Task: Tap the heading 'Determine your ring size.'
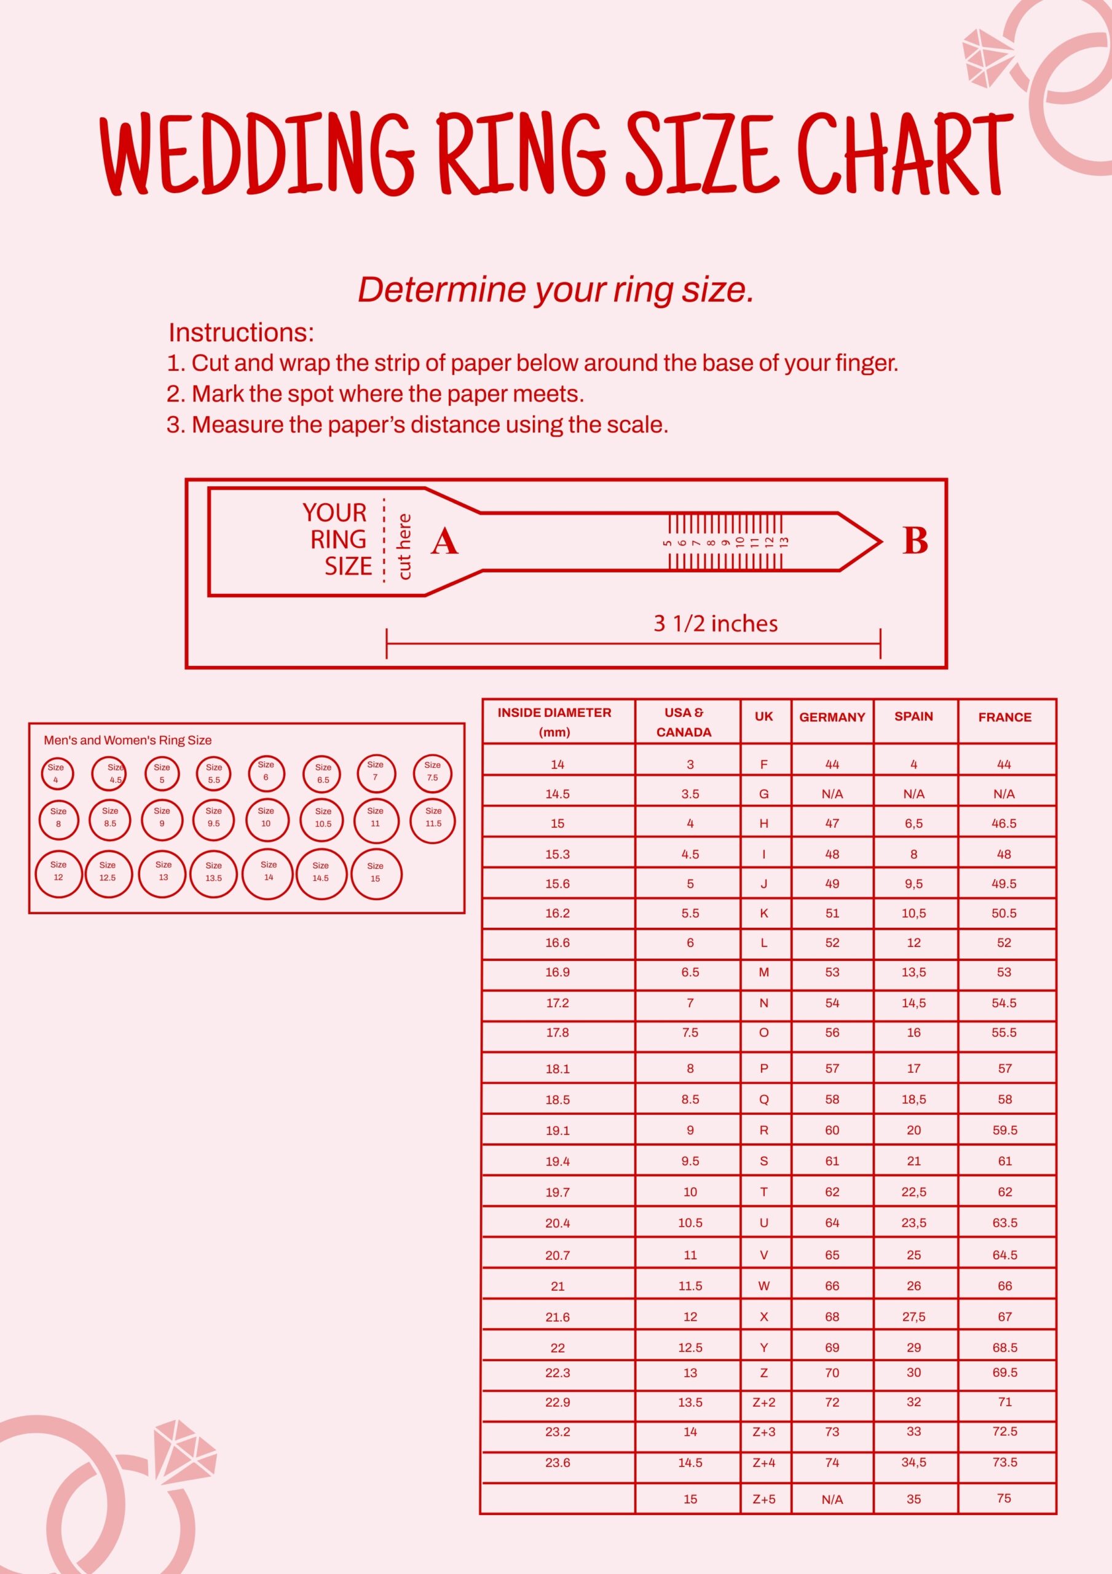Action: point(555,290)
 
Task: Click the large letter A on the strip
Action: point(444,542)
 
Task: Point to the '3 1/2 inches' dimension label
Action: point(715,623)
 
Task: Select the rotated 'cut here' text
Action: point(404,547)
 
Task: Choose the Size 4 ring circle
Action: point(57,773)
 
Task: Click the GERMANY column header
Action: point(832,717)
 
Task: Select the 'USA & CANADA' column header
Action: point(684,722)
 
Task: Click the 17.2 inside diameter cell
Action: point(558,1003)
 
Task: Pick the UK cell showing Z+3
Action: point(763,1431)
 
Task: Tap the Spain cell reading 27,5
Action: point(913,1317)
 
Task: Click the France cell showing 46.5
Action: point(1004,823)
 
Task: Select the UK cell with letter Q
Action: point(763,1099)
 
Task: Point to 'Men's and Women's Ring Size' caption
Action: point(127,740)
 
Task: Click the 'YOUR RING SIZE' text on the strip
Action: point(337,539)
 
